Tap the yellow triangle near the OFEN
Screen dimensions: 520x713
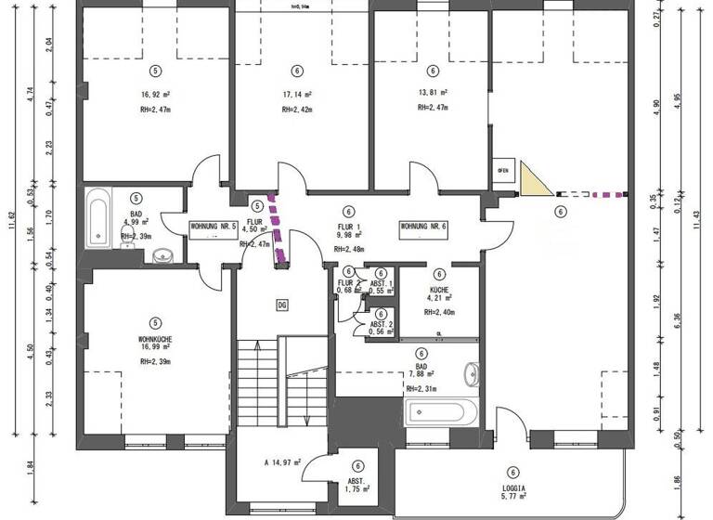pyautogui.click(x=534, y=180)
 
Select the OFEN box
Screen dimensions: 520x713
pyautogui.click(x=503, y=171)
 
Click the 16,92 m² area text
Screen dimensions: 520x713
pyautogui.click(x=155, y=94)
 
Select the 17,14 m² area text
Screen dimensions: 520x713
pyautogui.click(x=296, y=94)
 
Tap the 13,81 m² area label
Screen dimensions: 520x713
pyautogui.click(x=433, y=93)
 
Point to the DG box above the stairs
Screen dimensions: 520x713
pyautogui.click(x=283, y=305)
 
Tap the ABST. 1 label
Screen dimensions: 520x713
pyautogui.click(x=382, y=282)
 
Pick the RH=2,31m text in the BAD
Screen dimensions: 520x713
pyautogui.click(x=422, y=388)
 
